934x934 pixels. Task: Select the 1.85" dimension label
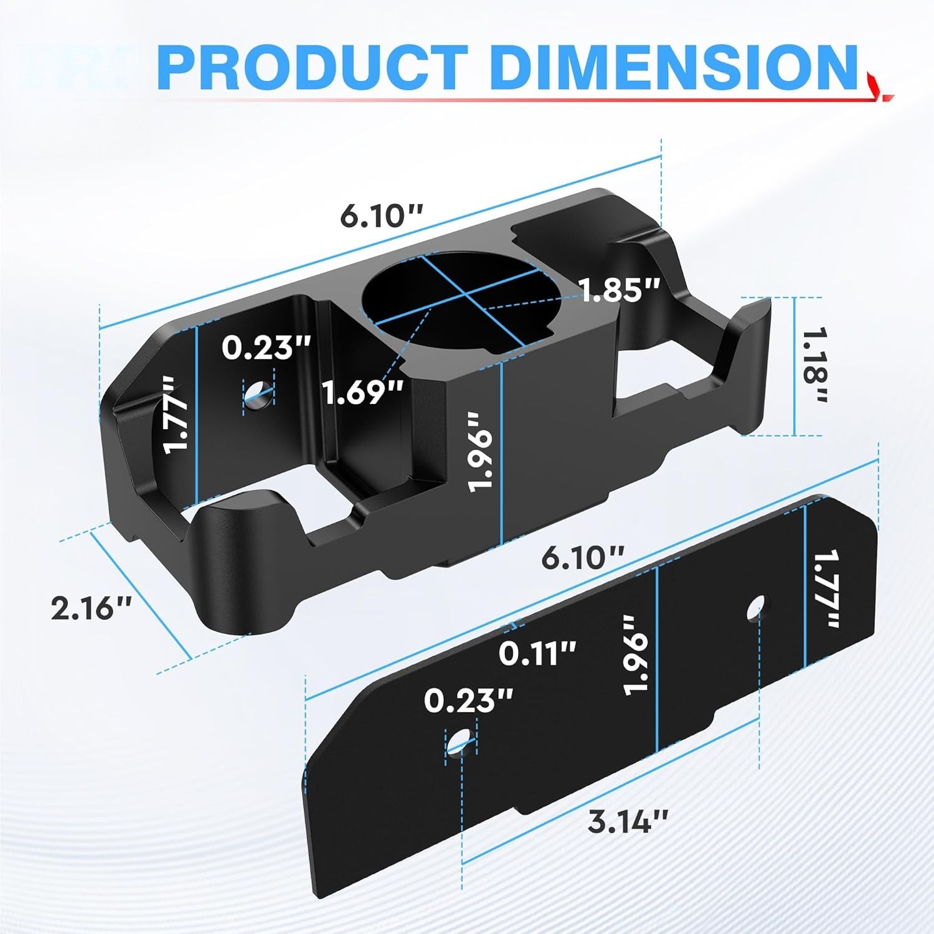click(x=620, y=290)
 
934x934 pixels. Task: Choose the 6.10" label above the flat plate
click(x=582, y=556)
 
